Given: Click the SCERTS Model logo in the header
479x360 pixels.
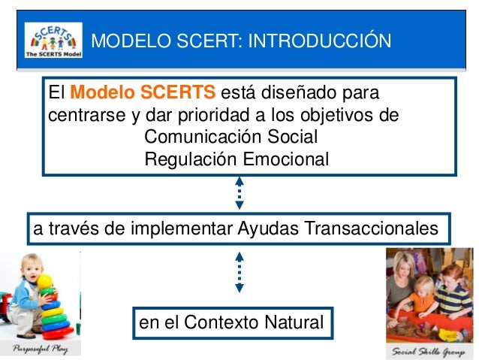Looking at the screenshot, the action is (53, 40).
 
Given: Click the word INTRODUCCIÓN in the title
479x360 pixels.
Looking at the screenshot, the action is (320, 40).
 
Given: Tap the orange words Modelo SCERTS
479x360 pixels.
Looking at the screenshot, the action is (143, 92).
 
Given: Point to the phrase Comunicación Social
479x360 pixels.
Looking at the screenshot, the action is (231, 137).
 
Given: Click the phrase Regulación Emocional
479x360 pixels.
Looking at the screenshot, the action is (236, 159).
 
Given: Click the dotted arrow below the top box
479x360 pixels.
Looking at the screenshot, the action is (239, 193).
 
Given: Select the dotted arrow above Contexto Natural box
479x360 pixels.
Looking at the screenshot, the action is (239, 272).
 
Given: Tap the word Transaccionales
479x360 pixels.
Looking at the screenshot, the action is (372, 228).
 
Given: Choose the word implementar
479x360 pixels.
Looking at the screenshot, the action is (182, 229).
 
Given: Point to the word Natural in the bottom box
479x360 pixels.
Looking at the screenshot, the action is (294, 322).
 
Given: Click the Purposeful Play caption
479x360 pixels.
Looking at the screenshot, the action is (41, 349).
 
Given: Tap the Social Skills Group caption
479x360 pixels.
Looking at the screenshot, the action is (428, 352).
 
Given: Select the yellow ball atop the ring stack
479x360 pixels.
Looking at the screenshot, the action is (45, 282).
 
